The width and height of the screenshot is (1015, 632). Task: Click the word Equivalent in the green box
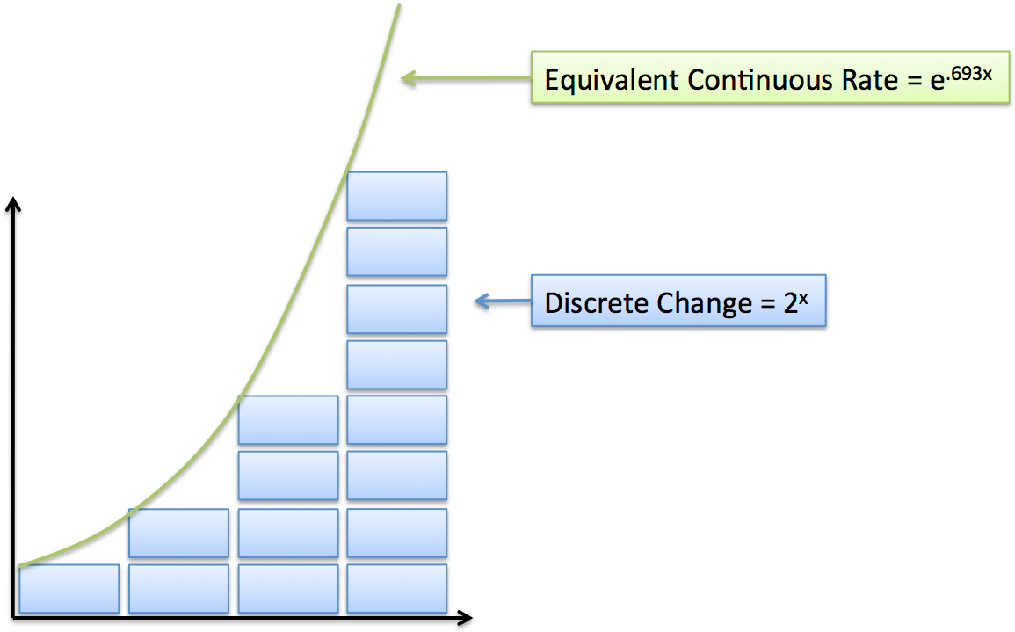click(x=612, y=80)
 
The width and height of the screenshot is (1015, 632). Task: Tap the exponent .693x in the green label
click(x=968, y=74)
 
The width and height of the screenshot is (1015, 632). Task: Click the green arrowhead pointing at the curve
click(x=409, y=79)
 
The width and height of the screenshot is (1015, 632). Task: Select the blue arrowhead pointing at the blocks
click(x=482, y=301)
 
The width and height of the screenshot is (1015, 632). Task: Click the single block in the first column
click(x=69, y=589)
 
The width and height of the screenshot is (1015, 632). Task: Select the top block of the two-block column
click(x=178, y=533)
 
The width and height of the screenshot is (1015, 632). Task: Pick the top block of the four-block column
click(x=288, y=419)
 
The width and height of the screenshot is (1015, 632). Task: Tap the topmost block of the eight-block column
click(x=397, y=195)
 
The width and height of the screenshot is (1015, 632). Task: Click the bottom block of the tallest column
click(x=397, y=589)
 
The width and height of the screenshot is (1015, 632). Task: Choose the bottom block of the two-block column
click(x=178, y=589)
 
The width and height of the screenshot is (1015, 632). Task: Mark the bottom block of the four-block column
click(x=288, y=589)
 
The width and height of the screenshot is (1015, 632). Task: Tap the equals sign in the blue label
click(x=768, y=304)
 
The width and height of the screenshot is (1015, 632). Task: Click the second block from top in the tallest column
click(x=397, y=251)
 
